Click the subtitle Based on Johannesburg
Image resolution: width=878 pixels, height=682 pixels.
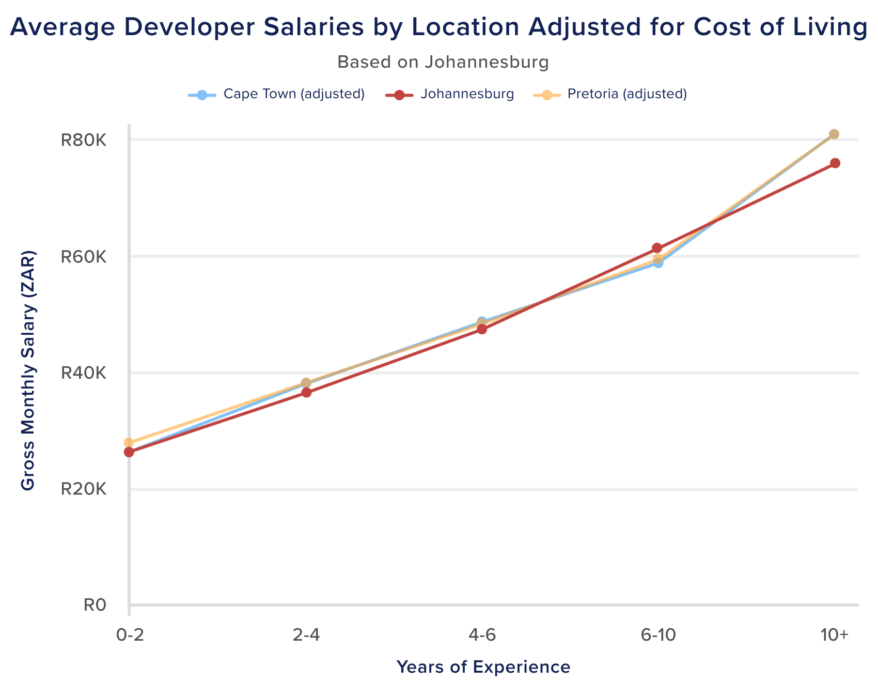coord(443,63)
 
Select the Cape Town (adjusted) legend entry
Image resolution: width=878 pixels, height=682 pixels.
coord(294,95)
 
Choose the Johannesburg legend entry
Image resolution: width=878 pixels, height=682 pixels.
coord(467,95)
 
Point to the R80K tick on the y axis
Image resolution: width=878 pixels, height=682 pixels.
coord(84,140)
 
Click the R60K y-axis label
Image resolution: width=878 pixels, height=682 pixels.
coord(84,257)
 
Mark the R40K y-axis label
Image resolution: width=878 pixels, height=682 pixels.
coord(84,373)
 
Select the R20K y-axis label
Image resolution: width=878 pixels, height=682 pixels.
coord(84,490)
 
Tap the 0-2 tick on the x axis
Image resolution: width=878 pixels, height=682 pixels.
coord(129,637)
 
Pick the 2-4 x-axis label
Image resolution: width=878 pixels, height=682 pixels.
coord(306,637)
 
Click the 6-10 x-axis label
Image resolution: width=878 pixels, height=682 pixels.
coord(657,637)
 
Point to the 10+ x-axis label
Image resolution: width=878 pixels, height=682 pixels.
coord(834,637)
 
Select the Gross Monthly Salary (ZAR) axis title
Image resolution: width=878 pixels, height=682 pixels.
coord(28,370)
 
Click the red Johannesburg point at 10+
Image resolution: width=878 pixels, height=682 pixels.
coord(835,163)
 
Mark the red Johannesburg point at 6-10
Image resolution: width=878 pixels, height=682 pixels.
coord(657,248)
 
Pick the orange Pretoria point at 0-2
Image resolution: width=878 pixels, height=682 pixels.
coord(129,443)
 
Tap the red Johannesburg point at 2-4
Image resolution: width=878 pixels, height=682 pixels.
coord(306,392)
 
